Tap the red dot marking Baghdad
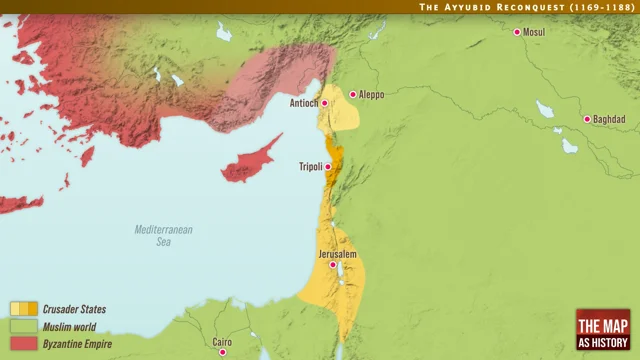point(587,119)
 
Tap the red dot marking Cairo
point(223,352)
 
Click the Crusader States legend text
point(74,310)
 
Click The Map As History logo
point(603,331)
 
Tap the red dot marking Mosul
point(517,32)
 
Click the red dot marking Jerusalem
point(333,265)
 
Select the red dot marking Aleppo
point(353,94)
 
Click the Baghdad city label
point(609,119)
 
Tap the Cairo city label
point(223,342)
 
